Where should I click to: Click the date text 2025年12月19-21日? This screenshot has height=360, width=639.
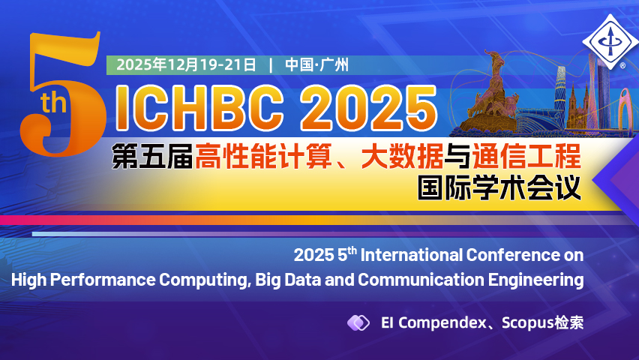click(186, 64)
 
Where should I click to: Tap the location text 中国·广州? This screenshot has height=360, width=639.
click(316, 64)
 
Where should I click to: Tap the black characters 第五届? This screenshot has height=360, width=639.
click(151, 157)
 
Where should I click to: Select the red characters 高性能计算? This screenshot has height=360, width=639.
click(269, 157)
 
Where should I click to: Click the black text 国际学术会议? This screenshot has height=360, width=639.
click(499, 187)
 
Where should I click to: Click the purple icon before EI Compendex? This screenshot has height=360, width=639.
click(358, 322)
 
